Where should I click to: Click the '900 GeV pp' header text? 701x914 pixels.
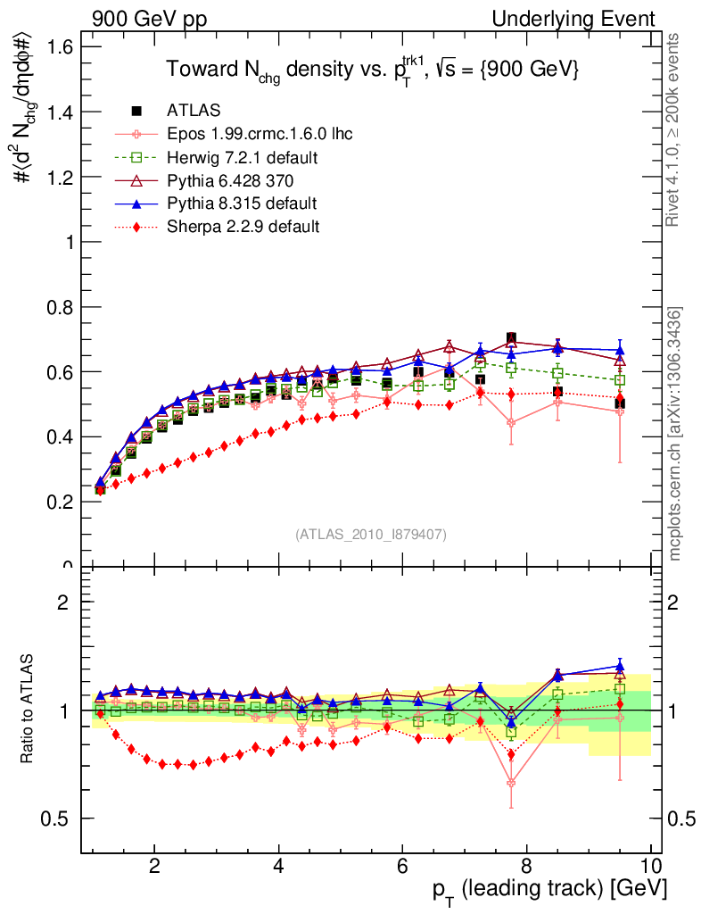tap(147, 19)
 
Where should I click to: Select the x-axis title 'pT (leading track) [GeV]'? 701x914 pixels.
tap(548, 890)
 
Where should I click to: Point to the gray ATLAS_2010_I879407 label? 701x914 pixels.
tap(371, 534)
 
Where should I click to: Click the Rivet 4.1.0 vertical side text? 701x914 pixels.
tap(676, 131)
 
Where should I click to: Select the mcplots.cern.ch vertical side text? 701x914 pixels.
tap(676, 433)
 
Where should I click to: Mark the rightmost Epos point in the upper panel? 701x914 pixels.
tap(619, 411)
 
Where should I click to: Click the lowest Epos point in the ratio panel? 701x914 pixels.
tap(511, 783)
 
